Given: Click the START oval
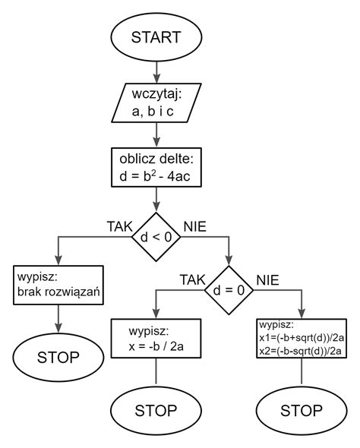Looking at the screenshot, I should click(x=156, y=37).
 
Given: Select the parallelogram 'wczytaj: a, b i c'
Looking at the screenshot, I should click(x=156, y=104).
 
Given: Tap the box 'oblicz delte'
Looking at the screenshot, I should click(x=156, y=169).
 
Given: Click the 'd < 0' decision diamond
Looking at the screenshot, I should click(x=156, y=237).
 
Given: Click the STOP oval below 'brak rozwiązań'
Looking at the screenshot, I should click(x=58, y=356).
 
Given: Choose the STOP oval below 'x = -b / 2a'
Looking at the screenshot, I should click(x=156, y=411).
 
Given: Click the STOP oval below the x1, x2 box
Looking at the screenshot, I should click(x=302, y=411).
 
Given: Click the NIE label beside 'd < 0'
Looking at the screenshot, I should click(x=194, y=226).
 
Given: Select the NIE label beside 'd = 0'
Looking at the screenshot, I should click(x=267, y=280).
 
